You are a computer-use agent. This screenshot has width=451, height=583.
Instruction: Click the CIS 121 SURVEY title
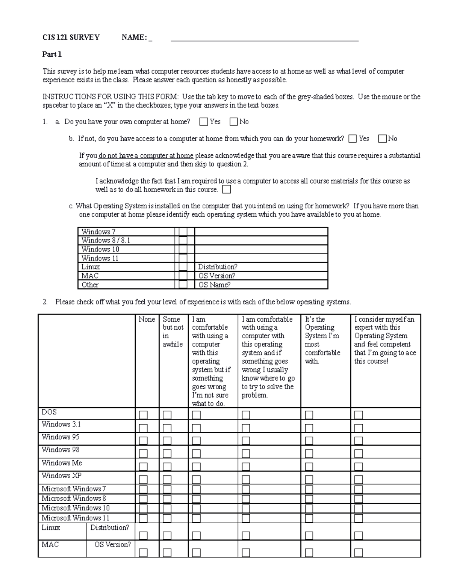click(71, 37)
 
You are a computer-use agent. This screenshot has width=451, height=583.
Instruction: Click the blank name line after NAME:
click(264, 38)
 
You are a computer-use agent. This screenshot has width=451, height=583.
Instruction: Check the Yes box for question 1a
click(204, 122)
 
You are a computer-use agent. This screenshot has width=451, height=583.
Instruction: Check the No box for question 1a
click(234, 122)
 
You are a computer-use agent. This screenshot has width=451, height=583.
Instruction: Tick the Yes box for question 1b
click(353, 139)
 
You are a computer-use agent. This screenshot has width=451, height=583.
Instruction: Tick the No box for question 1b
click(383, 139)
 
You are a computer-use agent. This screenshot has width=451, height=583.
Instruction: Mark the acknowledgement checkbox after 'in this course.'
click(227, 190)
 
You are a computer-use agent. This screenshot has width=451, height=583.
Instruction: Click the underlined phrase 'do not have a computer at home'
click(146, 155)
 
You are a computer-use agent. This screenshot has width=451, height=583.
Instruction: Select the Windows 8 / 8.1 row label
click(106, 241)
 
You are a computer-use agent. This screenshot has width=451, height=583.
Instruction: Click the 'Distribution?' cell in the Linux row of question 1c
click(218, 267)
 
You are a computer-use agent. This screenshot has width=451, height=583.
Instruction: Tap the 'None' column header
click(147, 319)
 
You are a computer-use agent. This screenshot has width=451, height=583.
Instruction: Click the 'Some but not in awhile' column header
click(173, 331)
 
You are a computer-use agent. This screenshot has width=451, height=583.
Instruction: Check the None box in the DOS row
click(143, 415)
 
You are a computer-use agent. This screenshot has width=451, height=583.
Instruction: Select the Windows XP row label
click(61, 476)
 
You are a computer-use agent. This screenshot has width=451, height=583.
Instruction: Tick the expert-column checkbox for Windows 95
click(359, 441)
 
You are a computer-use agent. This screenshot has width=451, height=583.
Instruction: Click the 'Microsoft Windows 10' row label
click(75, 508)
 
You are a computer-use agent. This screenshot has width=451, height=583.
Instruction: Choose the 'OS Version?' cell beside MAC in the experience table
click(112, 544)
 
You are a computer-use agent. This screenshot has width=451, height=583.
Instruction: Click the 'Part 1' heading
click(52, 54)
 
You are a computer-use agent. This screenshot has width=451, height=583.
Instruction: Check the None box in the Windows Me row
click(143, 467)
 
